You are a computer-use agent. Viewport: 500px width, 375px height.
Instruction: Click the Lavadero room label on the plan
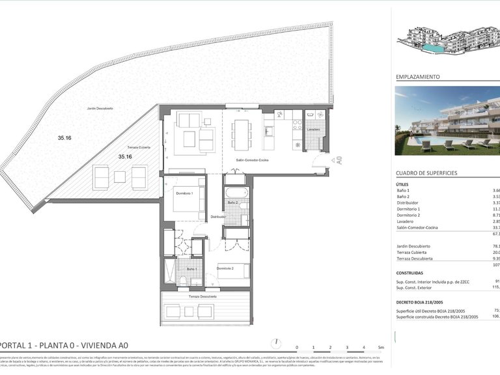(313, 130)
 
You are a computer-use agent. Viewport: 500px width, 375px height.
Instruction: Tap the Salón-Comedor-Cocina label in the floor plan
(243, 160)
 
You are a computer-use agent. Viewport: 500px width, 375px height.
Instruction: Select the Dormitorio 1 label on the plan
(184, 186)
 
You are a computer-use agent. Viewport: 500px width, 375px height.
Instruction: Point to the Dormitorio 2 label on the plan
(225, 268)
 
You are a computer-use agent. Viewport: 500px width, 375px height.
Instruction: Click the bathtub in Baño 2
(236, 193)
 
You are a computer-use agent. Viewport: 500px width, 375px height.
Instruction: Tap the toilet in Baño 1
(183, 281)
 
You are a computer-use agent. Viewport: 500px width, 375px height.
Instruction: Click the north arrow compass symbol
(278, 343)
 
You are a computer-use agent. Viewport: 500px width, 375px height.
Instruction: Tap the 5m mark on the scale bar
(381, 348)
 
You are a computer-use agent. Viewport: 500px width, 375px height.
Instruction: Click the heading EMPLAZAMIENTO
(417, 77)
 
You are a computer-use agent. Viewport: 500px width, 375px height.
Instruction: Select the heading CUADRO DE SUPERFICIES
(426, 173)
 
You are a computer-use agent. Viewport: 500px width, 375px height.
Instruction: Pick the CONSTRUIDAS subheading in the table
(410, 273)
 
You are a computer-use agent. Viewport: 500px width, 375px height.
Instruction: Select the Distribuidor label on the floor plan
(217, 217)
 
